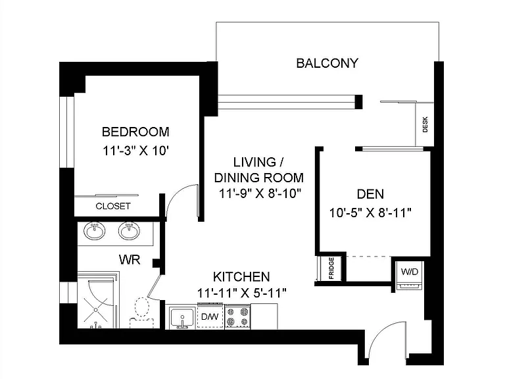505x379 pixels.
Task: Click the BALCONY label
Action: tap(327, 63)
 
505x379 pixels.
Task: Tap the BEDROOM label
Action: tap(135, 132)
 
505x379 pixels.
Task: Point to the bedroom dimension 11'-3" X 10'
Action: tap(136, 151)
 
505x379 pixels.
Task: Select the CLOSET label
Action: tap(113, 206)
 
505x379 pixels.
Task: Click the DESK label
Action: tap(425, 124)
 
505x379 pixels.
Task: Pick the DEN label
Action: tap(370, 194)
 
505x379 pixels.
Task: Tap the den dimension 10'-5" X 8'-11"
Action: tap(370, 213)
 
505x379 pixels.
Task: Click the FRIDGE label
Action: tap(331, 268)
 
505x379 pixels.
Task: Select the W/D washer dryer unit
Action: tap(410, 275)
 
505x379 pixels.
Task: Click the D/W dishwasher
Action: tap(210, 316)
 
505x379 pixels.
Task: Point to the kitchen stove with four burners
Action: tap(237, 316)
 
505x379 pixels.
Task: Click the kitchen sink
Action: tap(182, 318)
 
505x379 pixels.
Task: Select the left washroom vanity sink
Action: tap(95, 231)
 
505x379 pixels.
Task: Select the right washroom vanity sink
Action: tap(129, 231)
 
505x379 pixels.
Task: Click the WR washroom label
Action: tap(130, 259)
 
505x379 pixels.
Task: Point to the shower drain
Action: tap(95, 310)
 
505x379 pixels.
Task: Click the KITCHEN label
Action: tap(241, 277)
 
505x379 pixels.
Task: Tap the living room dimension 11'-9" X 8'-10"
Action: tap(260, 193)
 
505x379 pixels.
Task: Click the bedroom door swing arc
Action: tap(176, 194)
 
